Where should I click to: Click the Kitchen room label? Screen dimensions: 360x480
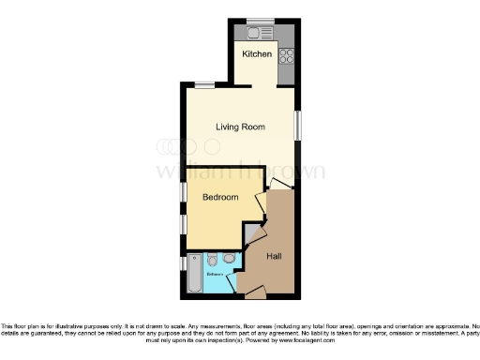[257, 54]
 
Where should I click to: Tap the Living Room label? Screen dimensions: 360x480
[240, 127]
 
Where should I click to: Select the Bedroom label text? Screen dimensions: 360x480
[220, 198]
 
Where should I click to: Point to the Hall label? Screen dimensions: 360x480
[275, 256]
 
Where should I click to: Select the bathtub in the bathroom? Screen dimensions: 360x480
[194, 274]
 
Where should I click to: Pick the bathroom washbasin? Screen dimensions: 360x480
[229, 260]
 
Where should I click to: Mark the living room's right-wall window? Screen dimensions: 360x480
[298, 127]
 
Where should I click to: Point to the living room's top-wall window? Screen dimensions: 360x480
[202, 85]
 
